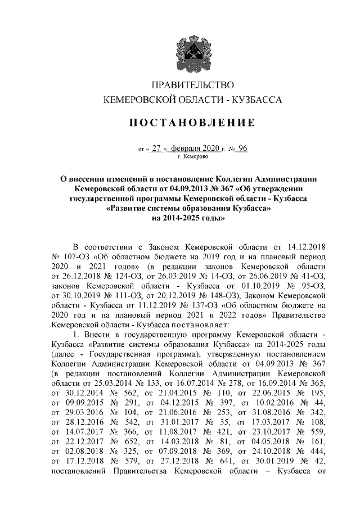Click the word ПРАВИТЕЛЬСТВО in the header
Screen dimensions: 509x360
(189, 85)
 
